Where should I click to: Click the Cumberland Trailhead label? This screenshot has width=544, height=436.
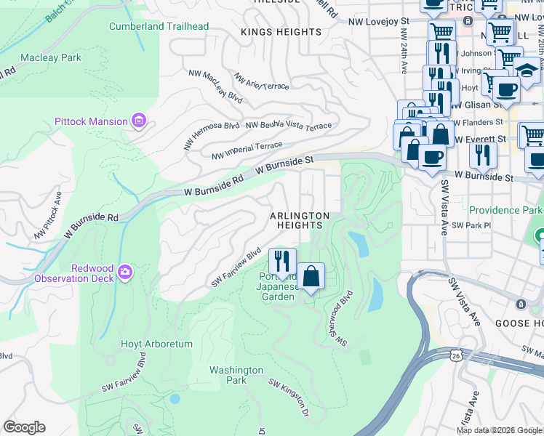(x=159, y=27)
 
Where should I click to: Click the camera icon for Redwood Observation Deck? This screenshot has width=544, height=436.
(x=125, y=272)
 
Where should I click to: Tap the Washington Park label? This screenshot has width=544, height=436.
(x=236, y=375)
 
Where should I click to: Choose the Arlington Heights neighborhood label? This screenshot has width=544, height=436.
(x=300, y=221)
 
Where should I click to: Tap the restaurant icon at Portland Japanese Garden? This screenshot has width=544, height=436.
(x=281, y=261)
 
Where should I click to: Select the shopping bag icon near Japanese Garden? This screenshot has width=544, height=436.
(x=311, y=276)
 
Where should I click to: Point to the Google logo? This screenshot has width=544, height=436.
(x=24, y=427)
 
